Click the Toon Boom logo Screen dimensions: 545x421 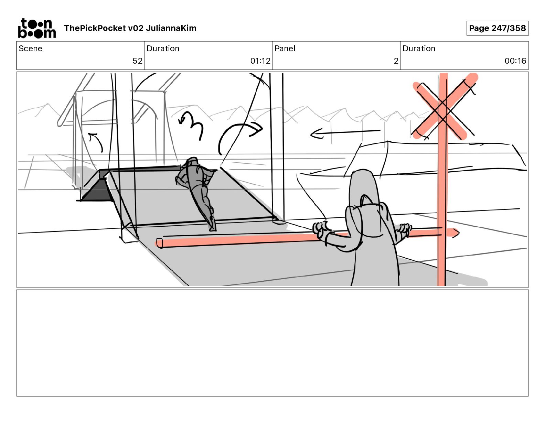37,28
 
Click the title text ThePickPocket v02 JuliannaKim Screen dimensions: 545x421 130,28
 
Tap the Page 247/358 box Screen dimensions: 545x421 498,28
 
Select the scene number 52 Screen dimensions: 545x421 137,61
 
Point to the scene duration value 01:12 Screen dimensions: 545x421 260,61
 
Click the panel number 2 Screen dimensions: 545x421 396,61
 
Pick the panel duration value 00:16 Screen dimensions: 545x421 515,61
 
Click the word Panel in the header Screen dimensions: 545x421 285,48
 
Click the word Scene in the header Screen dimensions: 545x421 30,48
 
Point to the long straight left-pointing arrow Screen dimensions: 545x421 345,133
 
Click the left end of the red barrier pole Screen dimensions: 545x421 159,243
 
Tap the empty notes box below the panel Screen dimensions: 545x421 272,343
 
